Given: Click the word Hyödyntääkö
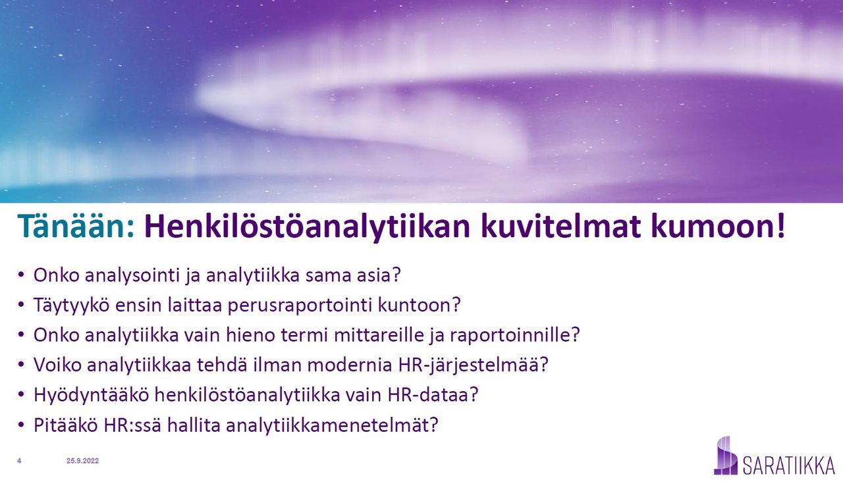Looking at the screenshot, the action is [x=92, y=395].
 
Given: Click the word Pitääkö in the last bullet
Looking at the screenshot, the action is [x=66, y=425].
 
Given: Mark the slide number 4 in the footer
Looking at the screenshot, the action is [x=19, y=461].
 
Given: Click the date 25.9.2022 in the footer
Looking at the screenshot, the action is [x=83, y=461].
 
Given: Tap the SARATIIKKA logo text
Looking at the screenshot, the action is [x=789, y=466].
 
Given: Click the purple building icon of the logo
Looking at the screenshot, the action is [x=726, y=456].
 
